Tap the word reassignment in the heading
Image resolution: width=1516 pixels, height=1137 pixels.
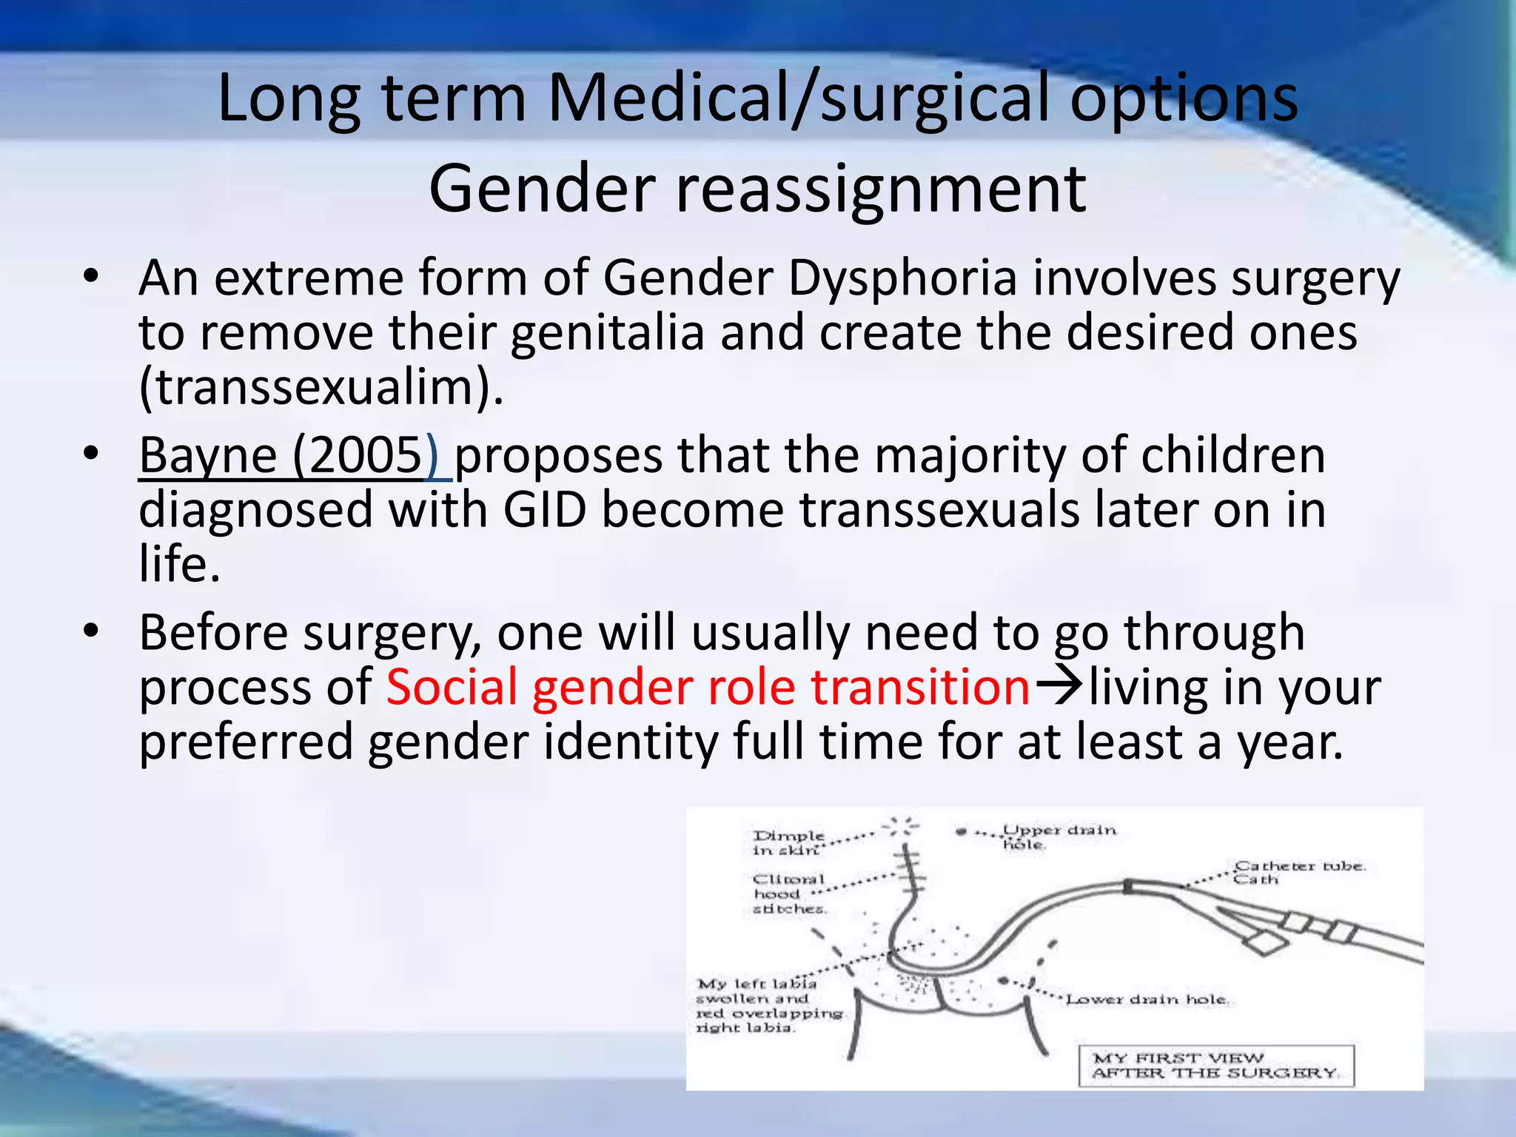(x=881, y=189)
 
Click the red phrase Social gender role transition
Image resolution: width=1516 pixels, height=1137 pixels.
(x=708, y=687)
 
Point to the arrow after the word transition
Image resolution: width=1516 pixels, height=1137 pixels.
(x=1059, y=687)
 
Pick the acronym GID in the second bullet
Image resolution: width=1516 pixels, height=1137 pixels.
(x=545, y=510)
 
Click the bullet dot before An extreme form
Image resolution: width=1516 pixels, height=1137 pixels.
(x=91, y=277)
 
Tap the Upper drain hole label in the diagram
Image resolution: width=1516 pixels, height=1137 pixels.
(x=1058, y=837)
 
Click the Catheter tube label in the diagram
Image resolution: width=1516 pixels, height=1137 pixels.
(x=1298, y=872)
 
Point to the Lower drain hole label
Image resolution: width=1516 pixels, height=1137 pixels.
(x=1147, y=999)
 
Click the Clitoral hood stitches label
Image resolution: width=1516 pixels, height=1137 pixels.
(x=788, y=893)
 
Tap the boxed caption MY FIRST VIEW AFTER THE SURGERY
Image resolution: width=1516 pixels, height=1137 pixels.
(x=1215, y=1066)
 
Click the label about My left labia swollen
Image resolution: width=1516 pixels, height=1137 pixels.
(x=768, y=1005)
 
